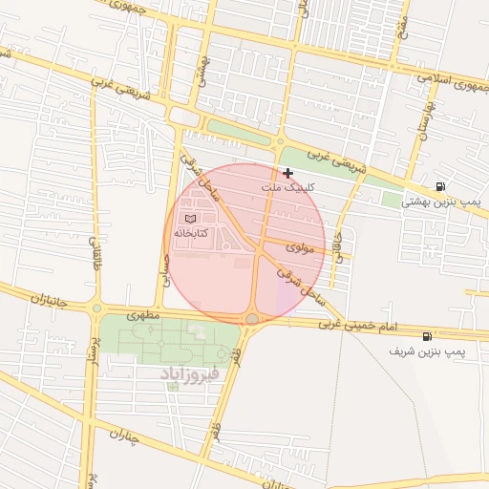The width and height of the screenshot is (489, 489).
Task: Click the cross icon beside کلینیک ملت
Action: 287,173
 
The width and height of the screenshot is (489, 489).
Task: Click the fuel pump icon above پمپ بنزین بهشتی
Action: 439,187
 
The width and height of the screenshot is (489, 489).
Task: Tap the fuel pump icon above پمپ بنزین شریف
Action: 426,336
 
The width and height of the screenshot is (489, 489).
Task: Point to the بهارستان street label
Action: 421,124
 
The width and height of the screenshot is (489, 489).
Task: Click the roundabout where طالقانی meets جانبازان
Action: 96,308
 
